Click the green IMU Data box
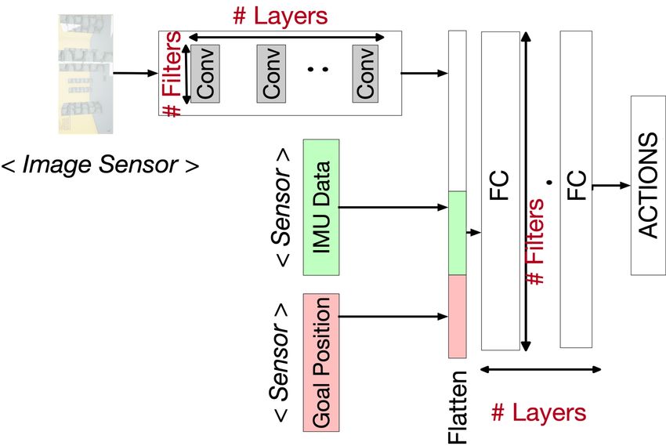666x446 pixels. [321, 207]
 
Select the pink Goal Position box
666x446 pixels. [321, 362]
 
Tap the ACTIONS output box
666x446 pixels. [648, 185]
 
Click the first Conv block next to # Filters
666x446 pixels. [205, 74]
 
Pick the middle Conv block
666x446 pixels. [271, 74]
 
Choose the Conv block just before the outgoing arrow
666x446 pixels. [365, 74]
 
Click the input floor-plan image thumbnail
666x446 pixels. [86, 74]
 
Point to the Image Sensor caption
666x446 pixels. [100, 165]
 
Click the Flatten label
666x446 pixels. [458, 407]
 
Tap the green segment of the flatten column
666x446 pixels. [458, 233]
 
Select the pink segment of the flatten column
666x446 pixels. [458, 317]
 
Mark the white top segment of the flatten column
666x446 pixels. [458, 111]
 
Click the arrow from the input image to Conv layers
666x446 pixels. [136, 73]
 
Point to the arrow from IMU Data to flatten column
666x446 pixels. [393, 207]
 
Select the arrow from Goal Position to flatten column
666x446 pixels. [393, 317]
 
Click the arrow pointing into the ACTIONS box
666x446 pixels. [611, 185]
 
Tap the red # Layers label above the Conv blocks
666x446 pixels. [281, 16]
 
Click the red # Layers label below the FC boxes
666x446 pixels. [538, 412]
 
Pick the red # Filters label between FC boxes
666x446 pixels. [534, 241]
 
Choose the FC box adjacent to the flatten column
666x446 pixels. [501, 190]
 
